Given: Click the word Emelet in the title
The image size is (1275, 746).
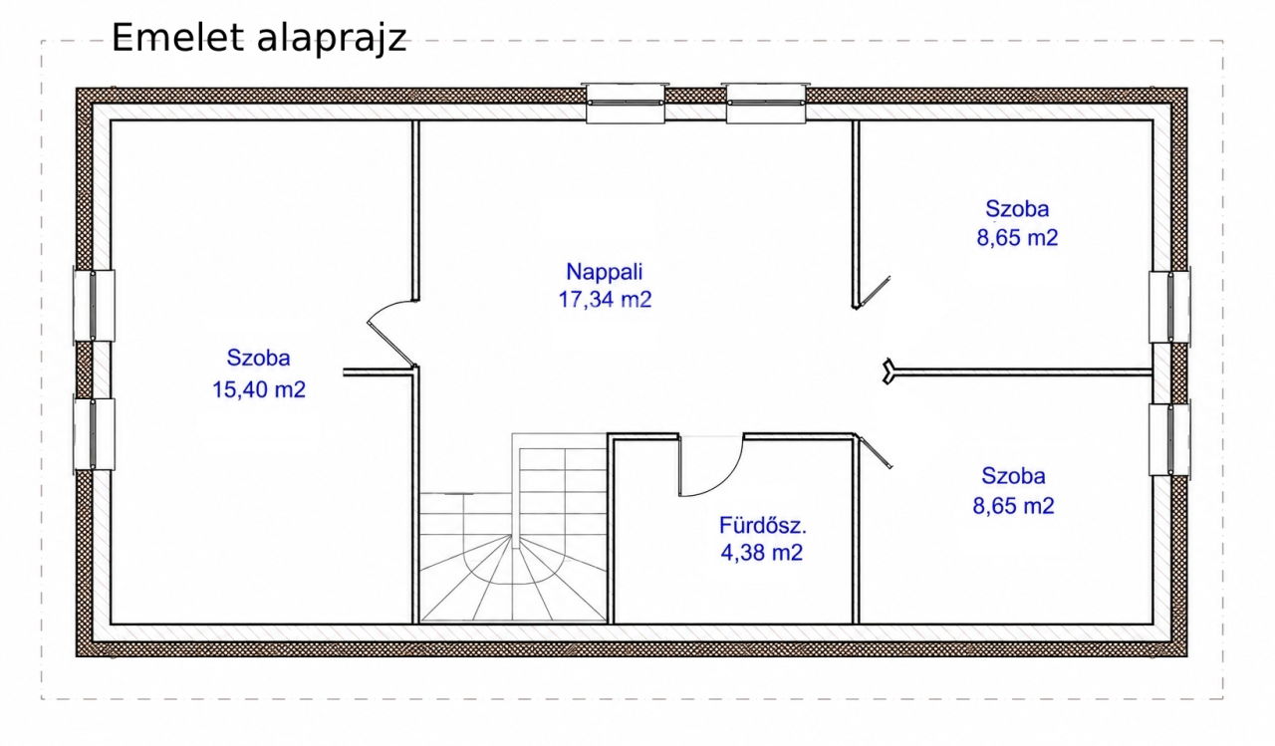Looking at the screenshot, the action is pos(178,38).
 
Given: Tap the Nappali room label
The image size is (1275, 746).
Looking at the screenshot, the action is pos(604,272).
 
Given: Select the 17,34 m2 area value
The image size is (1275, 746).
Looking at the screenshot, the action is pos(605,300).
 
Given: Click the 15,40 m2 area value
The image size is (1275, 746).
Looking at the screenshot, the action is pos(259,389).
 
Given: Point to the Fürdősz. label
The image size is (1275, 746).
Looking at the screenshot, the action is pos(763,525).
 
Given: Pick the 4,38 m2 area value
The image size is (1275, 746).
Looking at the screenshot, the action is pos(762,553).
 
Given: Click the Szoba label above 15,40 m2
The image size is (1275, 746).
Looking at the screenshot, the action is pos(258,358).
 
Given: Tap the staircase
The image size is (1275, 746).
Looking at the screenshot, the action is pos(513,528).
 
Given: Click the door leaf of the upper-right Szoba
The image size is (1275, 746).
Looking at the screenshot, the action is pos(874,293).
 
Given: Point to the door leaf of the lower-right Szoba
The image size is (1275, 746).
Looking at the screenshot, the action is pos(874,452).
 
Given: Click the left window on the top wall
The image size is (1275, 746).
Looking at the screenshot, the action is pos(625,103).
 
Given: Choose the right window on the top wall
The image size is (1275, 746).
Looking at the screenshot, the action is pos(766,103).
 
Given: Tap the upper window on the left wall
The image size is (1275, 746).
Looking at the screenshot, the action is pos(94,306).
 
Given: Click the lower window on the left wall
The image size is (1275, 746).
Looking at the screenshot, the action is pos(94,434).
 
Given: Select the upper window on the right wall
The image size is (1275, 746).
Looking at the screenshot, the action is pos(1169,307).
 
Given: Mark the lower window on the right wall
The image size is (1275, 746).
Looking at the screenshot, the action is pos(1169,439).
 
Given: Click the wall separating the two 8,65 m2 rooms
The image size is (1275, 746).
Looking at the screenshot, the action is pos(1023,373).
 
